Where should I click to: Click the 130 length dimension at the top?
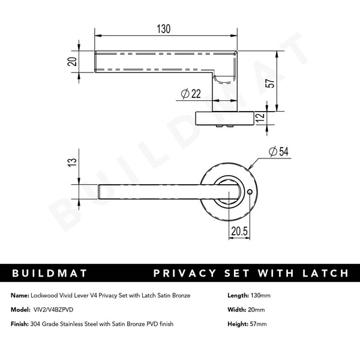(x=164, y=29)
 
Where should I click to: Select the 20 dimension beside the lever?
(x=72, y=62)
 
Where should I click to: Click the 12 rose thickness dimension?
(x=259, y=118)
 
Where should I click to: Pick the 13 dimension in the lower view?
(x=72, y=162)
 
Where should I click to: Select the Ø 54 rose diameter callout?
(x=280, y=152)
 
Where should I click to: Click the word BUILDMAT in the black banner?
(x=50, y=274)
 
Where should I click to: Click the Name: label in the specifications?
(x=19, y=295)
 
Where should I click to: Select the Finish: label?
(x=20, y=324)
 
